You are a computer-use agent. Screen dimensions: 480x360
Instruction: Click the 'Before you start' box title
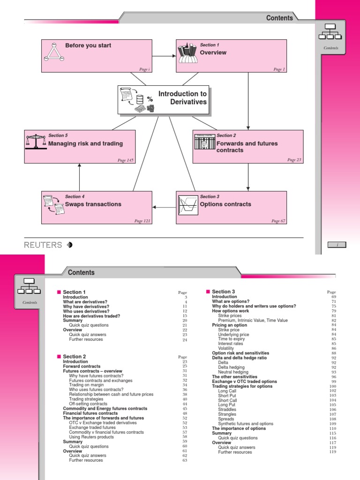[x=88, y=45]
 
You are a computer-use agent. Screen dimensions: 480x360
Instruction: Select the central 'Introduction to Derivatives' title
[x=182, y=98]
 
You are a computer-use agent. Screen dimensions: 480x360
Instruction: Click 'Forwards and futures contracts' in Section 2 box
[x=247, y=147]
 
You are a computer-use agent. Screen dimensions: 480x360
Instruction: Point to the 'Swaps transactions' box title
[x=93, y=204]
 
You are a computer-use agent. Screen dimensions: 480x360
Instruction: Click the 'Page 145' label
[x=125, y=160]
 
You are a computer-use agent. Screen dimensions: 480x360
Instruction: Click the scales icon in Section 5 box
[x=36, y=141]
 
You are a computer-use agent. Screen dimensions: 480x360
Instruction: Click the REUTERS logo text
[x=43, y=245]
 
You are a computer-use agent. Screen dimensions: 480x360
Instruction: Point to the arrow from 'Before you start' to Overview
[x=164, y=56]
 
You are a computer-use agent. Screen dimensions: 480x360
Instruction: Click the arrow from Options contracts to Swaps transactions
[x=164, y=207]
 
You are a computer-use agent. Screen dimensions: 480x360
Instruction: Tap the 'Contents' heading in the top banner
[x=279, y=18]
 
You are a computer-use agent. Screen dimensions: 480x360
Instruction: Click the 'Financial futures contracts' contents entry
[x=90, y=413]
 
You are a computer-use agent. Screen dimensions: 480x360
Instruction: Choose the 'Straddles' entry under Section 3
[x=227, y=409]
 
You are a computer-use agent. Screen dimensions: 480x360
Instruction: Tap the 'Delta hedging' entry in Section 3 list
[x=231, y=367]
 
